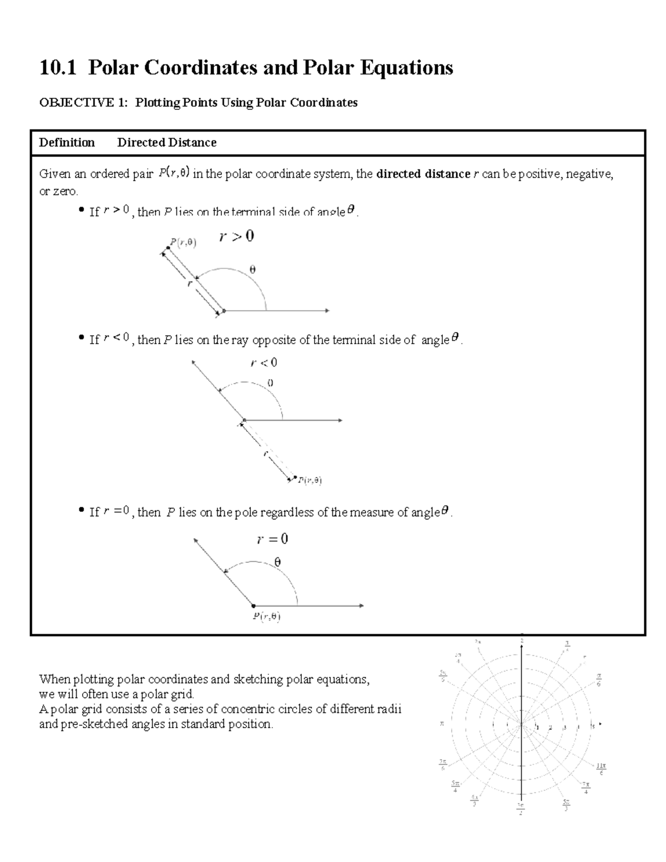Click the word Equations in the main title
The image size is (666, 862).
(x=406, y=68)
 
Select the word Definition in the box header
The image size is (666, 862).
(x=67, y=143)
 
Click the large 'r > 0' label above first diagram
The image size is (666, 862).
(x=236, y=236)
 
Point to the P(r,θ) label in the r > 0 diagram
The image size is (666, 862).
(x=183, y=242)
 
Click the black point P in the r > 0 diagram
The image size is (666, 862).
(x=168, y=248)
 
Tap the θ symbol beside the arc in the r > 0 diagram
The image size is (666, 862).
(x=253, y=270)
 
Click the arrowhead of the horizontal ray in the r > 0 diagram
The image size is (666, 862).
(x=327, y=311)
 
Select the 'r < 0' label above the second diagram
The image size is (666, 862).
(x=264, y=363)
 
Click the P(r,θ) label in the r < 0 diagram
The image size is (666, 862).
(x=310, y=481)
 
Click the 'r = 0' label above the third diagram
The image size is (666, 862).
(x=272, y=539)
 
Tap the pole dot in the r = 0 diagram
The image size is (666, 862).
(x=254, y=606)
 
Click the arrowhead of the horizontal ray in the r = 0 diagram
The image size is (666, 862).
(x=361, y=606)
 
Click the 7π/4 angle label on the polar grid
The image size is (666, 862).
(x=586, y=787)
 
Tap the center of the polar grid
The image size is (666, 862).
(x=522, y=725)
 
